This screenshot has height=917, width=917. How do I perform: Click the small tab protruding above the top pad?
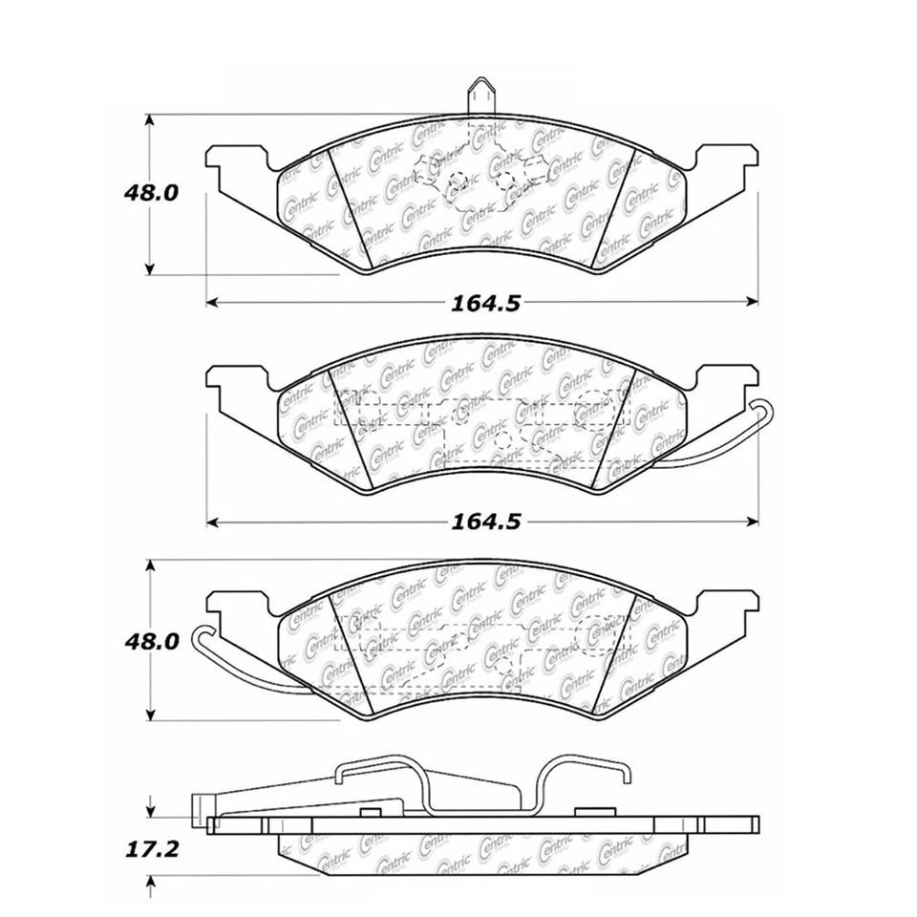480,98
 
